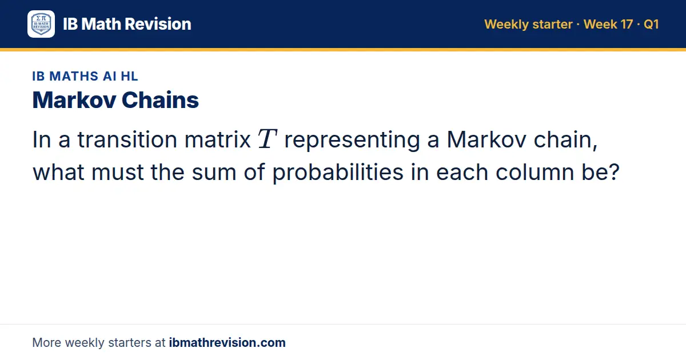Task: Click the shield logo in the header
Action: coord(41,24)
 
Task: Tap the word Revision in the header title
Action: coord(158,24)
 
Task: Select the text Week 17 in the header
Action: coord(608,24)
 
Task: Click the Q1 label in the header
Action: coord(651,24)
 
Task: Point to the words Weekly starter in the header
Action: coord(528,25)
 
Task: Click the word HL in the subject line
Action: coord(130,76)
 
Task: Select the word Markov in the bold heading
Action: coord(74,100)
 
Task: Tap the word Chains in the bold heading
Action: coord(160,100)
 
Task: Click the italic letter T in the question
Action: coord(268,139)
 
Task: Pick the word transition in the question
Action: coord(127,139)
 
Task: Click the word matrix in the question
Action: coord(217,139)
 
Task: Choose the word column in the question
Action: coord(535,172)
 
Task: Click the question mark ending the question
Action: coord(614,172)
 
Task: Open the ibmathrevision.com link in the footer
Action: coord(228,342)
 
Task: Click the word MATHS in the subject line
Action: coord(74,76)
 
